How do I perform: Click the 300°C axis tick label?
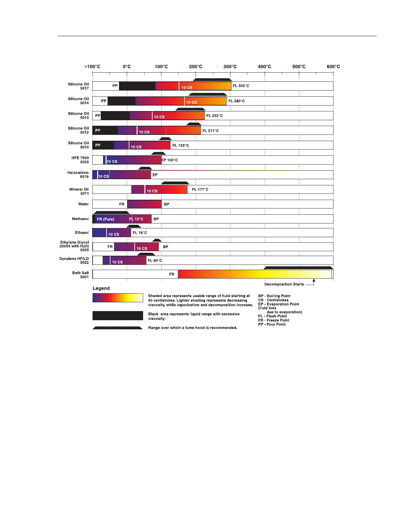[230, 67]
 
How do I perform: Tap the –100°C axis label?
[92, 67]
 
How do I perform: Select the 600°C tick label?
[333, 67]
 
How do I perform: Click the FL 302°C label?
[241, 86]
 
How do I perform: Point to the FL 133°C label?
[181, 146]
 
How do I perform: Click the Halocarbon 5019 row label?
[78, 175]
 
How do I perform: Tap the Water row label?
[83, 204]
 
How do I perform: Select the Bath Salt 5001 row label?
[81, 275]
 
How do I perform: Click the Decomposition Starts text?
[284, 284]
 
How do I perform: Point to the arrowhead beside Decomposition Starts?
[314, 280]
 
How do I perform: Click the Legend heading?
[101, 288]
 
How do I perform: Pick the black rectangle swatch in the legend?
[118, 316]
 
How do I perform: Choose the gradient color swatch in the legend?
[118, 298]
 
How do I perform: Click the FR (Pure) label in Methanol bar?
[106, 219]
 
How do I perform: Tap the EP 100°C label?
[170, 160]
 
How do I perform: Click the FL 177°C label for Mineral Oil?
[200, 190]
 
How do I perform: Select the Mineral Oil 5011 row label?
[79, 191]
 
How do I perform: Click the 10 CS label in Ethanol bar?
[114, 235]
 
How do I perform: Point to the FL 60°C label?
[155, 261]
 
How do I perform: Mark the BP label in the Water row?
[167, 205]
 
